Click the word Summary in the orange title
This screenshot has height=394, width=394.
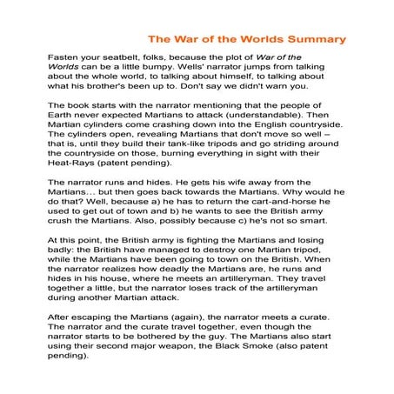[314, 39]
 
